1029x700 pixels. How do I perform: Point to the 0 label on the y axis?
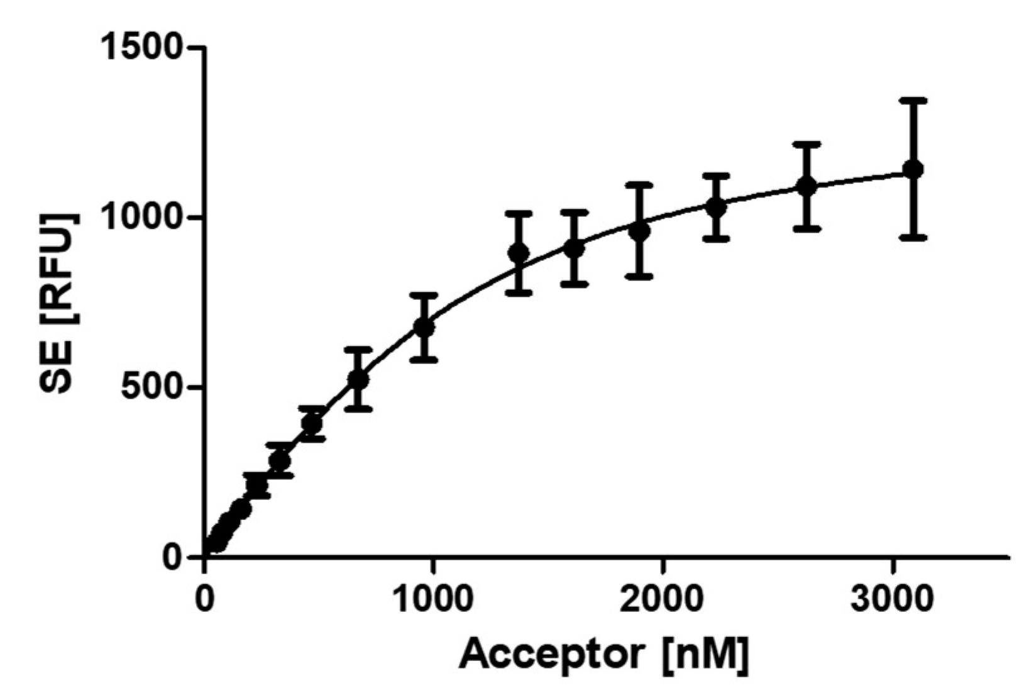(172, 557)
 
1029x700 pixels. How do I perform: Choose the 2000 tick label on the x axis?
(661, 598)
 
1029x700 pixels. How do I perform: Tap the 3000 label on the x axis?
(891, 598)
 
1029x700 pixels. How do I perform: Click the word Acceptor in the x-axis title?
(551, 655)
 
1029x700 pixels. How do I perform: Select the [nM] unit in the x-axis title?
(705, 655)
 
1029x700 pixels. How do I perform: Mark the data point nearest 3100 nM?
(912, 169)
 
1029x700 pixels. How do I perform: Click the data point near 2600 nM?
(806, 186)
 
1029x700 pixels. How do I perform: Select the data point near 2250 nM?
(716, 206)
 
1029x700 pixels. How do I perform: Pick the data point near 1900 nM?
(639, 231)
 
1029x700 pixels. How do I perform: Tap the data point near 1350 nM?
(519, 253)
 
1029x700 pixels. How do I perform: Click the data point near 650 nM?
(358, 379)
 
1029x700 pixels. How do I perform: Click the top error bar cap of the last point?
(912, 99)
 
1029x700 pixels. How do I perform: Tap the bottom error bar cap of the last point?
(912, 237)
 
